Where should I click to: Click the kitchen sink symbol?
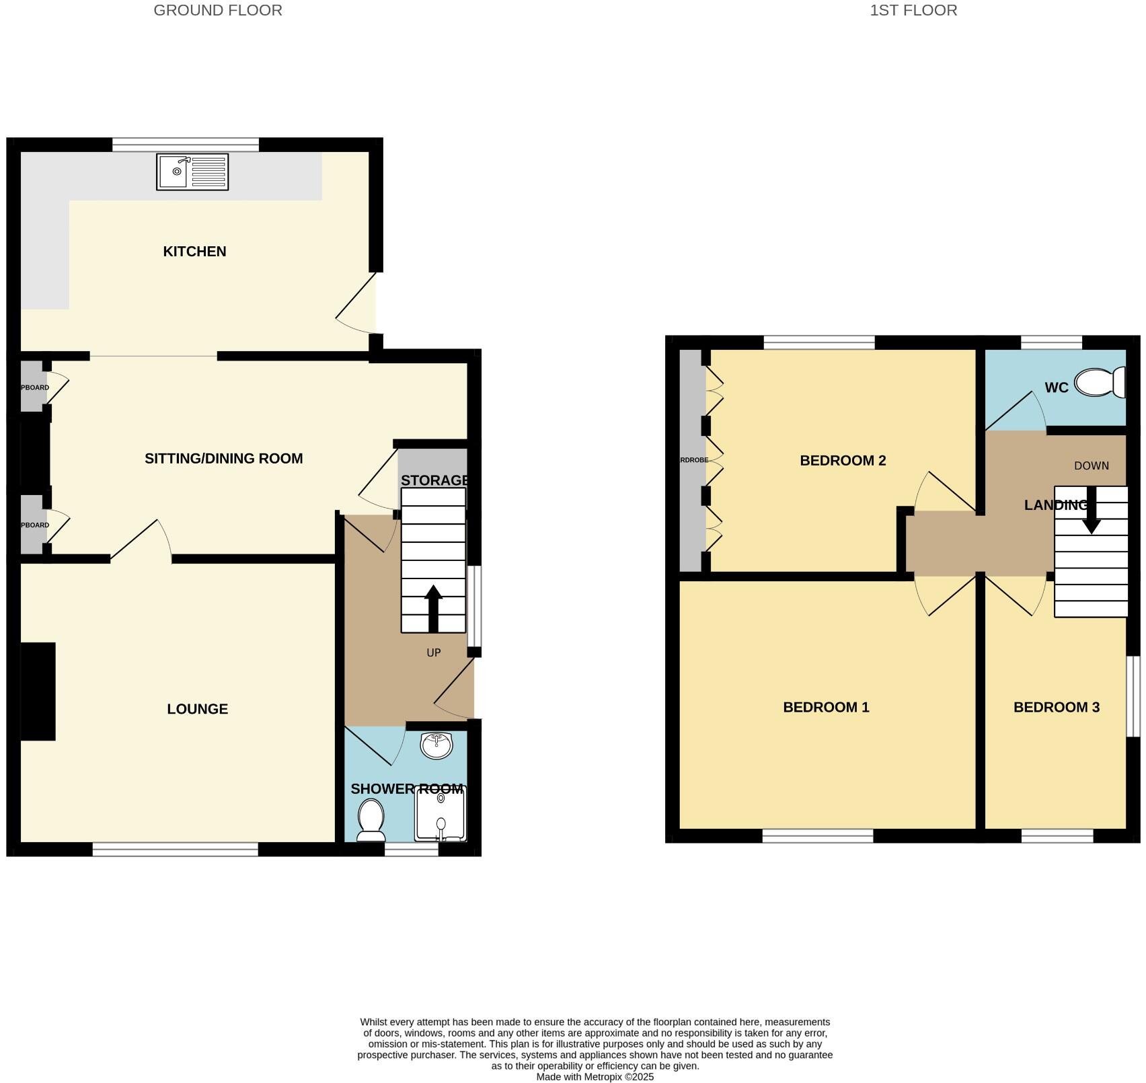(192, 172)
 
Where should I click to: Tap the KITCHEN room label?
(194, 252)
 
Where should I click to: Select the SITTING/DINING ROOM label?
(223, 459)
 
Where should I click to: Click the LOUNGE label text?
(197, 709)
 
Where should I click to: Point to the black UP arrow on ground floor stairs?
(433, 608)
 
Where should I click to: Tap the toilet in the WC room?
(1101, 382)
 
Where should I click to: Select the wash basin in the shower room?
(436, 745)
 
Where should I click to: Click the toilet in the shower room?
(371, 820)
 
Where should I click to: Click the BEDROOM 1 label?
(826, 708)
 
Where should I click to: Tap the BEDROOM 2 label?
(843, 461)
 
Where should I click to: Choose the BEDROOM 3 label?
(1056, 708)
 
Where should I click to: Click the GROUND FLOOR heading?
(218, 10)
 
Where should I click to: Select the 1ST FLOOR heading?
(913, 10)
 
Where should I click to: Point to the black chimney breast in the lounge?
(38, 692)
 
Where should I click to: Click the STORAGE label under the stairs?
(434, 480)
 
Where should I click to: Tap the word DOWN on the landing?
(1091, 465)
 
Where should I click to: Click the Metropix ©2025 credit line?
(595, 1077)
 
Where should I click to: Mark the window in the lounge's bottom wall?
(175, 850)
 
